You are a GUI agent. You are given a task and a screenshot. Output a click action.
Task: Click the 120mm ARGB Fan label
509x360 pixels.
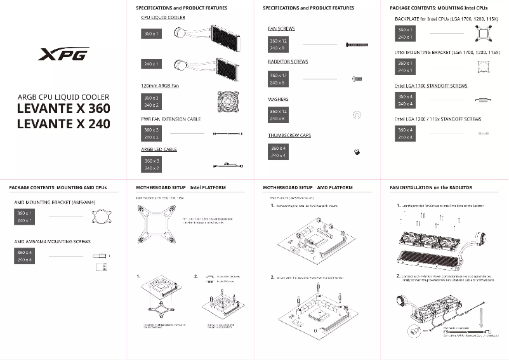pyautogui.click(x=161, y=85)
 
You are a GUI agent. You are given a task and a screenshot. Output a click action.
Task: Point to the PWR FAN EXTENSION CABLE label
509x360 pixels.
pyautogui.click(x=171, y=119)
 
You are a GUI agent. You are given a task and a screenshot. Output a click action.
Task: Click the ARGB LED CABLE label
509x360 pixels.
pyautogui.click(x=159, y=149)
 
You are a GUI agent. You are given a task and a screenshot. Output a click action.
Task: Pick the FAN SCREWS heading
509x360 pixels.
pyautogui.click(x=281, y=29)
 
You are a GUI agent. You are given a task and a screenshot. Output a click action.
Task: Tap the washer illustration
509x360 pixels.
pyautogui.click(x=357, y=115)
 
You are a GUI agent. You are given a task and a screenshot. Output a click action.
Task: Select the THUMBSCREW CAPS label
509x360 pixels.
pyautogui.click(x=289, y=135)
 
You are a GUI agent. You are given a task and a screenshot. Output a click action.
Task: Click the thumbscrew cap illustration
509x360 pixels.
pyautogui.click(x=357, y=151)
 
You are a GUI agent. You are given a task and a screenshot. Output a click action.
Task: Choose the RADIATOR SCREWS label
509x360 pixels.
pyautogui.click(x=288, y=62)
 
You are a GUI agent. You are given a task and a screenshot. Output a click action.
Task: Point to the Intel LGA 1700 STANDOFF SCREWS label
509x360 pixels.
pyautogui.click(x=431, y=85)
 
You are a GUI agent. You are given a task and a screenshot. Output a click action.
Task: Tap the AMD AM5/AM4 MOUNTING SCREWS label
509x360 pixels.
pyautogui.click(x=52, y=242)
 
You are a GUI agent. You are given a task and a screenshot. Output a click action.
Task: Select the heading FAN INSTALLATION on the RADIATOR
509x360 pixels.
pyautogui.click(x=430, y=188)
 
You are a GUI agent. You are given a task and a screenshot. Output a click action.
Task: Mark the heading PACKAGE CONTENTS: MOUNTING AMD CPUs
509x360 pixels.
pyautogui.click(x=58, y=188)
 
